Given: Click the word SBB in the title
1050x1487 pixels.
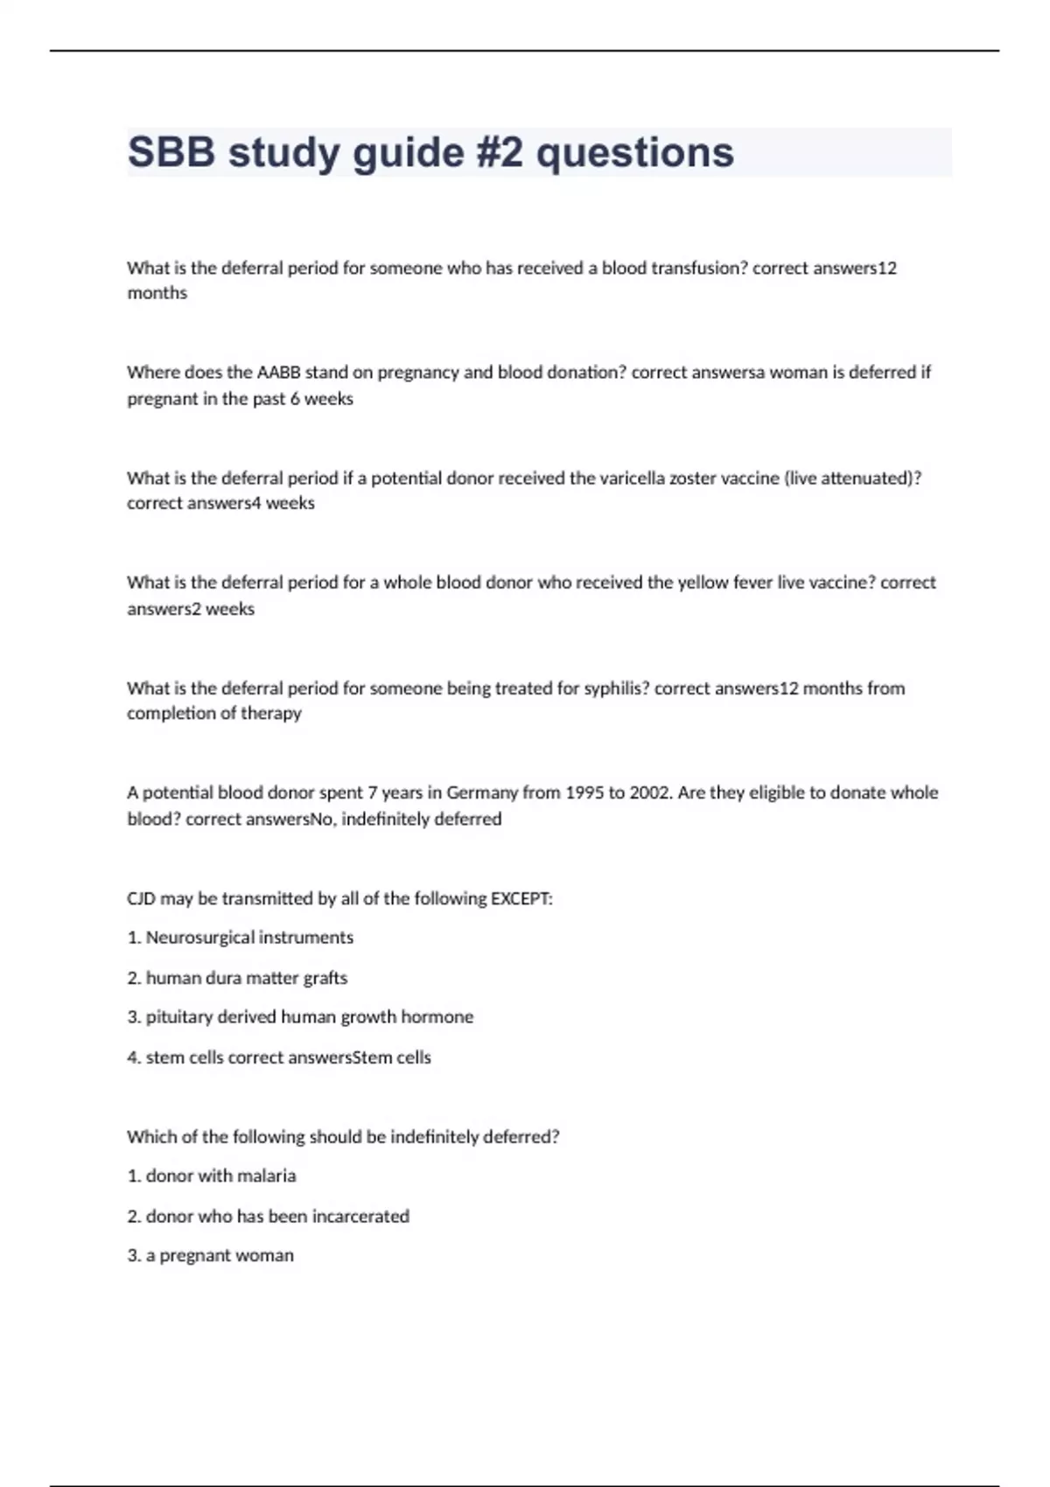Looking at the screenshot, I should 171,152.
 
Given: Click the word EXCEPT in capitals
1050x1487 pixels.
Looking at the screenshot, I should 521,898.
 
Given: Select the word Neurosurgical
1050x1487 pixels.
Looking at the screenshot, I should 195,938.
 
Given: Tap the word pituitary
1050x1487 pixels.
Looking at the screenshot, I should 178,1017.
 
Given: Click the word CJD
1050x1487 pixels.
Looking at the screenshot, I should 141,898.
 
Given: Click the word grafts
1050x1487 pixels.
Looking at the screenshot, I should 325,978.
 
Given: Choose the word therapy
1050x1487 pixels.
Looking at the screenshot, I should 271,714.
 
